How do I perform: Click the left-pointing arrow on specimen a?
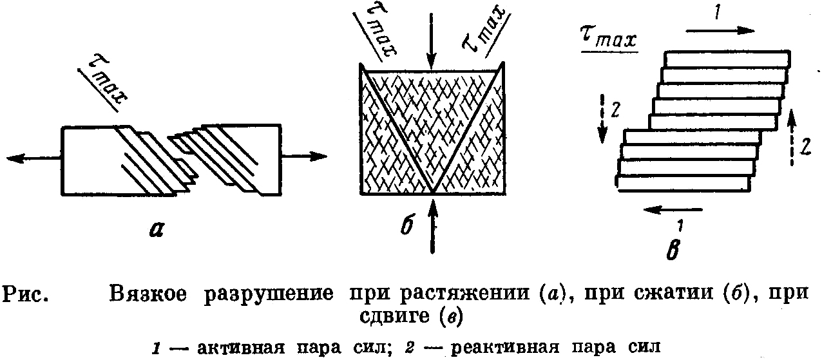tap(32, 158)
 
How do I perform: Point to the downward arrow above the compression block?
tap(432, 39)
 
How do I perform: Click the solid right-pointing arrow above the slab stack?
tap(721, 30)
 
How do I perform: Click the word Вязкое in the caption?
tap(148, 294)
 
